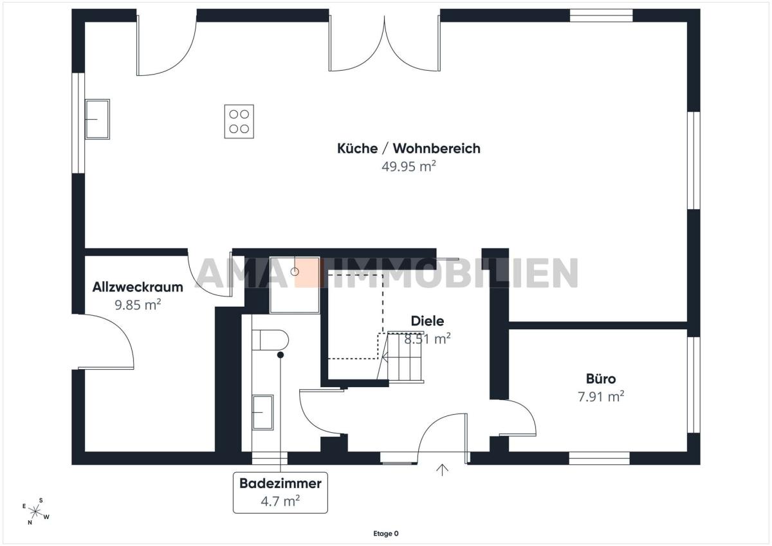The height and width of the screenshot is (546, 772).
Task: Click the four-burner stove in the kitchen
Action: [239, 122]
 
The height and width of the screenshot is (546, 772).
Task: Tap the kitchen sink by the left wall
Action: [97, 119]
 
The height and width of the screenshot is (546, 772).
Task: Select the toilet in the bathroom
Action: [270, 340]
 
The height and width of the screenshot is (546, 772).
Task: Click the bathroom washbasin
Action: [262, 412]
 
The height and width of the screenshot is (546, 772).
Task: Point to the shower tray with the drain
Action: [295, 285]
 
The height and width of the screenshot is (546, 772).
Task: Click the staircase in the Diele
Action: [401, 357]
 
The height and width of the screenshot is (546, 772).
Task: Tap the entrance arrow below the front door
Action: [442, 470]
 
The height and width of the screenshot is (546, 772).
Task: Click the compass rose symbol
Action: [36, 511]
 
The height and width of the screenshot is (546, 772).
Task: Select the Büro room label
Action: [601, 379]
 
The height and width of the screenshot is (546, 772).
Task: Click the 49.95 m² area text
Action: [409, 167]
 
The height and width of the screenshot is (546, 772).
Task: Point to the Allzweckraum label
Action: [138, 287]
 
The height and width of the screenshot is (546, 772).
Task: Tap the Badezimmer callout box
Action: [280, 493]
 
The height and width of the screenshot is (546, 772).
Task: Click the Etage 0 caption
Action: [386, 534]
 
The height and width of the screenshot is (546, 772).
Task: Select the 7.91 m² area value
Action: [601, 397]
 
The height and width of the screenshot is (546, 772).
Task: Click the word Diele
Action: [427, 321]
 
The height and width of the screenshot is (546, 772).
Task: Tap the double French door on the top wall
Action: [384, 42]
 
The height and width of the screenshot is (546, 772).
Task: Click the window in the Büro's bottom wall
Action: [600, 458]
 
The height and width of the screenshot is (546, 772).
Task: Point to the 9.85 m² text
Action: [138, 305]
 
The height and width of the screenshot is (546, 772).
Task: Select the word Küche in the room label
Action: [357, 149]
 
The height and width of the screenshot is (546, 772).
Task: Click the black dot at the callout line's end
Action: [280, 355]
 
